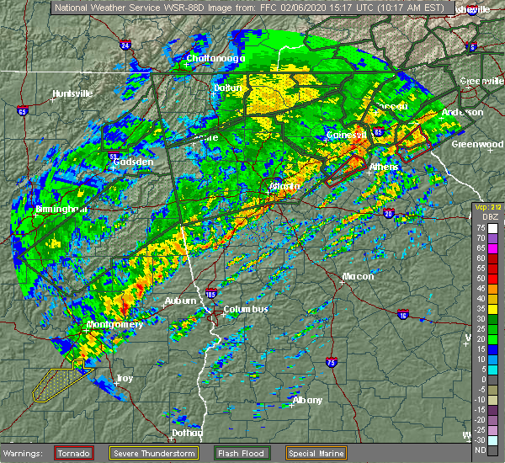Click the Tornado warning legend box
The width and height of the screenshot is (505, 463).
(73, 453)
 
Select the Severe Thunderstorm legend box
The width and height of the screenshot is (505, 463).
(155, 453)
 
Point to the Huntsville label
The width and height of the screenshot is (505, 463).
(72, 93)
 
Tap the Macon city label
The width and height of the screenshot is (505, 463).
(358, 276)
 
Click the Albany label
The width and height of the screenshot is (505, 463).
(307, 400)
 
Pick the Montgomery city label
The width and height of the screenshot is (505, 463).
(114, 324)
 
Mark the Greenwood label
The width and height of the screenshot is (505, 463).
(477, 144)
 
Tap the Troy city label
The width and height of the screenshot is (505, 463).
(124, 379)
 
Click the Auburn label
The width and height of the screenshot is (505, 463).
(180, 301)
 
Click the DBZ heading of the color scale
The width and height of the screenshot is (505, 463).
(489, 216)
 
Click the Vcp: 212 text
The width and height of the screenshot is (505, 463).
(487, 206)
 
